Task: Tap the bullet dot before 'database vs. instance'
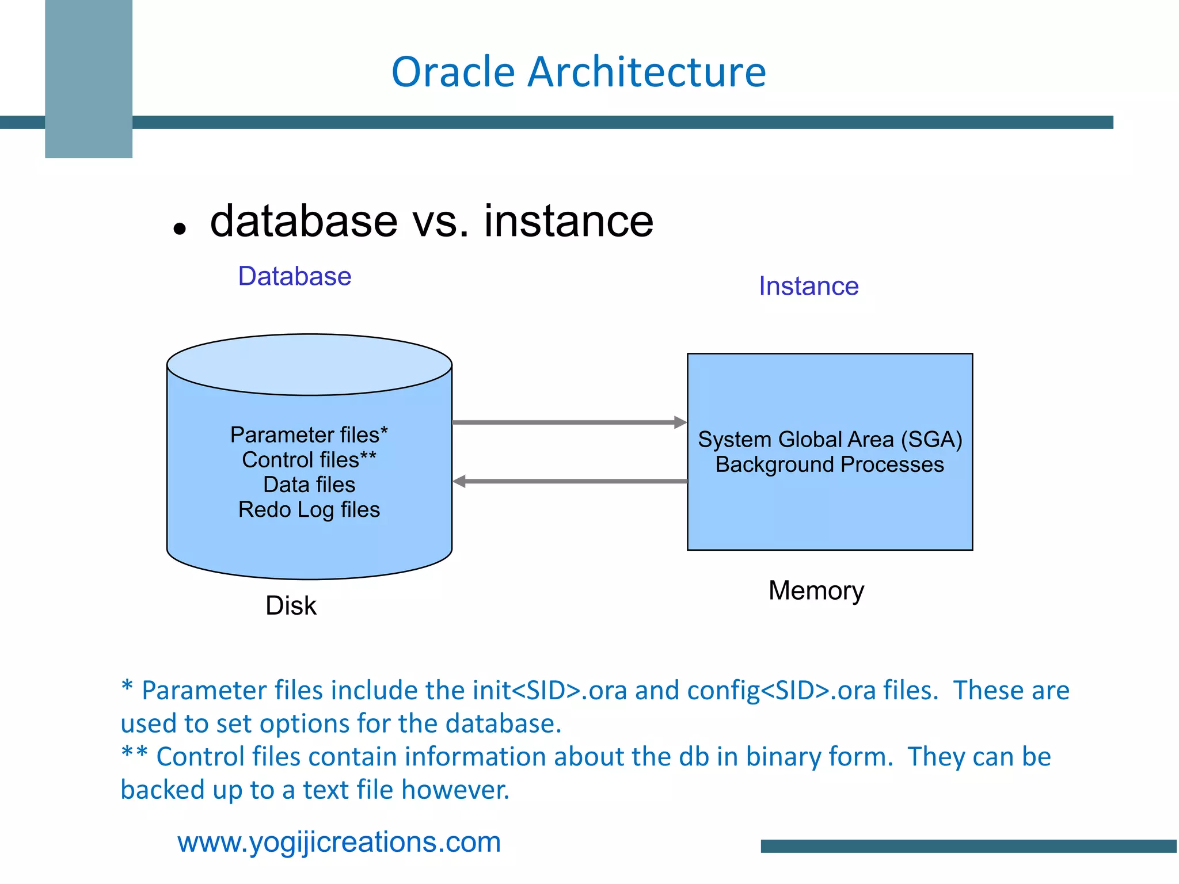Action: pos(180,229)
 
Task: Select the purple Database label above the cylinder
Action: pos(294,276)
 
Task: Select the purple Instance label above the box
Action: pos(808,286)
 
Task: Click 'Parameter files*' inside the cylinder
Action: pos(309,435)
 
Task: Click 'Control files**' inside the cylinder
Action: pos(309,460)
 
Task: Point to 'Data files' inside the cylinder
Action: pos(309,485)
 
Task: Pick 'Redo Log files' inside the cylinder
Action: pos(309,510)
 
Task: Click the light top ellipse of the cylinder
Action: pos(309,364)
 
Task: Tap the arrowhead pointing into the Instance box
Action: pos(680,422)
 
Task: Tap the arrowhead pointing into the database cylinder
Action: pos(459,481)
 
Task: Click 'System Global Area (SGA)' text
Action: pos(830,440)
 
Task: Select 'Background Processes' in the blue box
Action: pos(830,464)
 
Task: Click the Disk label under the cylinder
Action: pos(291,605)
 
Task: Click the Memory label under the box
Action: pos(816,590)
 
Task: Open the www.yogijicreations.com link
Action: pos(339,842)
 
